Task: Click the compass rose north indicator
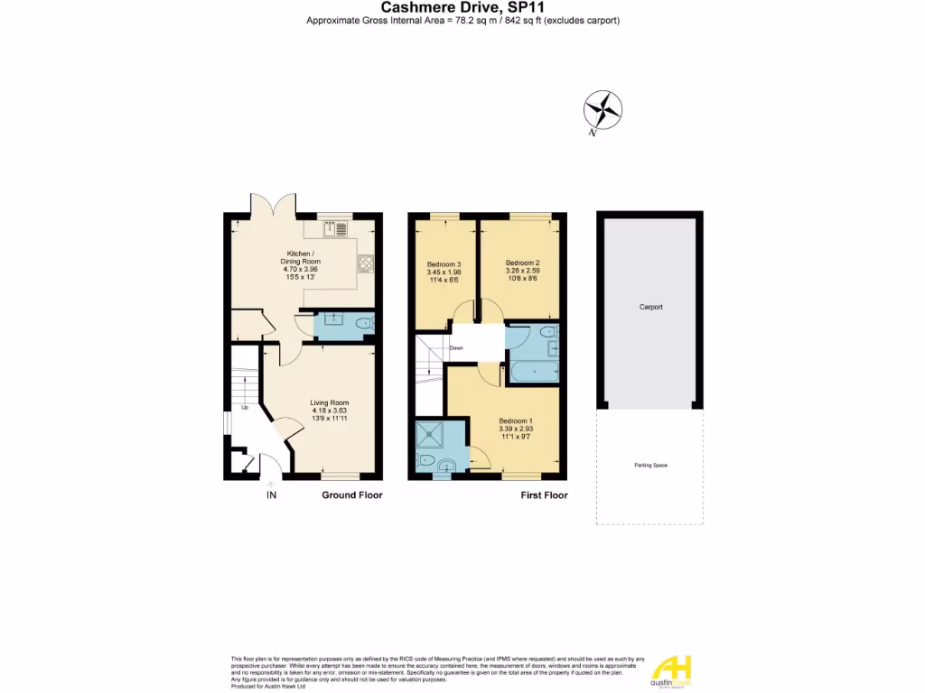[x=602, y=112]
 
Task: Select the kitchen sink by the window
[x=339, y=229]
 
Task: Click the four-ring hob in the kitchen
[x=368, y=263]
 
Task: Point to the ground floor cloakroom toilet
[x=364, y=323]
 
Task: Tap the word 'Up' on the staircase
[x=244, y=407]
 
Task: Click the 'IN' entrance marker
[x=271, y=495]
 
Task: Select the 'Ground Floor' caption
[x=352, y=495]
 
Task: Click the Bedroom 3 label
[x=444, y=264]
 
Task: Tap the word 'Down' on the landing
[x=456, y=347]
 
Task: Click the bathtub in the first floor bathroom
[x=533, y=371]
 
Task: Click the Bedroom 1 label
[x=516, y=420]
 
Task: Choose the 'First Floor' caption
[x=545, y=495]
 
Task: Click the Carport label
[x=650, y=307]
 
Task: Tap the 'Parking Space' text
[x=650, y=465]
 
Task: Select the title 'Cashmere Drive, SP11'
[x=462, y=7]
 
